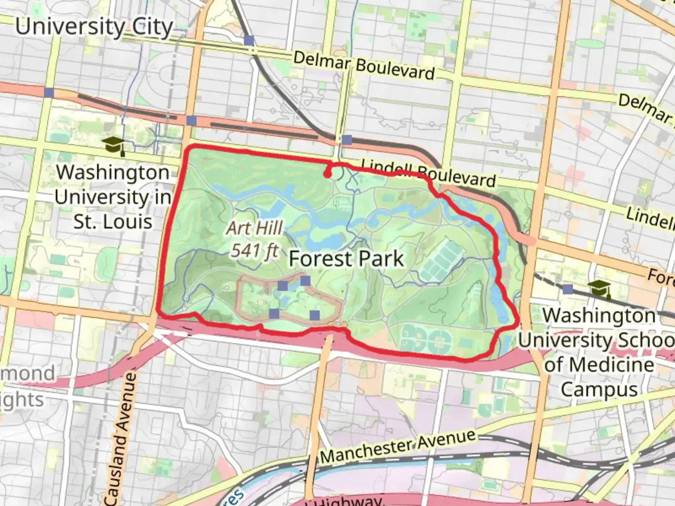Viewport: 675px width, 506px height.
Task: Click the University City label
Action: tap(94, 27)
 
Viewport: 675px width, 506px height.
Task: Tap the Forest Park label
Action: tap(346, 259)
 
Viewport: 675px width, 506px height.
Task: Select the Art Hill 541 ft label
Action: tap(255, 239)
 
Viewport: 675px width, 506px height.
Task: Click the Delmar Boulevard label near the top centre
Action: tap(364, 66)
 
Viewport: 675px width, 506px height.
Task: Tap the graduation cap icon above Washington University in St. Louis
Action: tap(113, 145)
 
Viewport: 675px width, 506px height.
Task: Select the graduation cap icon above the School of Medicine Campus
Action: tap(600, 289)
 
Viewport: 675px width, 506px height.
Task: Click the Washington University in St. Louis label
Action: tap(112, 197)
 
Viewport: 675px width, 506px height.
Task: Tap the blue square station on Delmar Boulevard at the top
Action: tap(249, 41)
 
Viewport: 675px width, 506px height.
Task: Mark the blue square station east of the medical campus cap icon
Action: tap(568, 289)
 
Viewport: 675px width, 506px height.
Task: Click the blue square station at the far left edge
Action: tap(49, 92)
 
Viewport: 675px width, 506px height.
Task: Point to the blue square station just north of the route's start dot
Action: tap(346, 140)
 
